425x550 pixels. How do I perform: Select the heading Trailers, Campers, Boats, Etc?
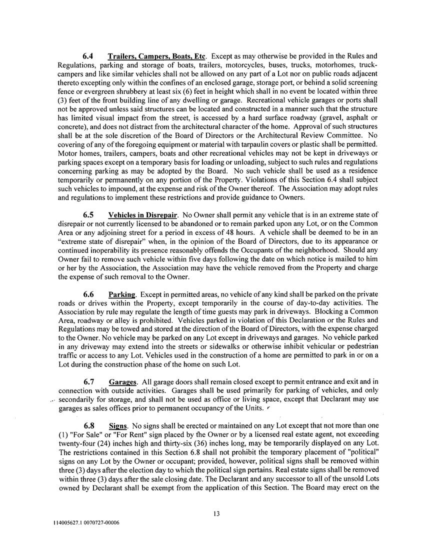tap(157, 56)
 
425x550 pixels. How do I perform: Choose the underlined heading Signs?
tap(118, 426)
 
